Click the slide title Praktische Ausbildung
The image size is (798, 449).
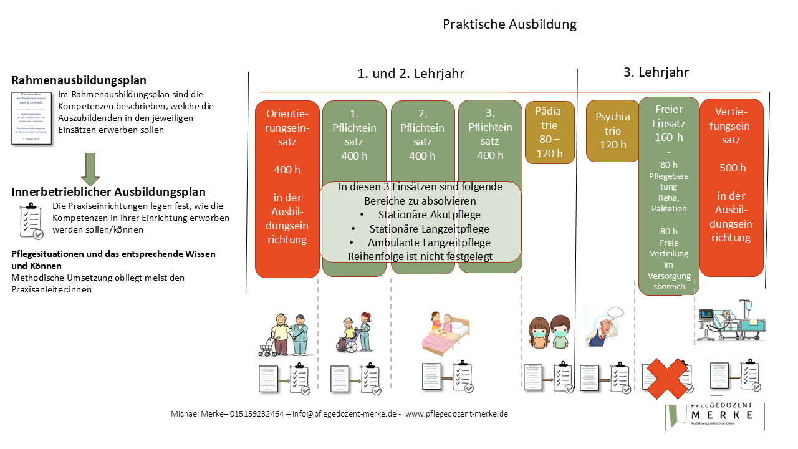[509, 24]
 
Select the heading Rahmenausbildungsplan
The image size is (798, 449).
[79, 80]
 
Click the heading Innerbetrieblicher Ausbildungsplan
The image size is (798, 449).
[108, 192]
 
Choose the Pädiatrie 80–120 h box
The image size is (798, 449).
[549, 132]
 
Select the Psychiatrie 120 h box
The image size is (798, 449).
[612, 130]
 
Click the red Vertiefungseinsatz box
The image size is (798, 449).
[731, 187]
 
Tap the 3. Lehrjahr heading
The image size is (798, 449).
[656, 72]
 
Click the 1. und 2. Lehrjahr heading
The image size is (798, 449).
[411, 74]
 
